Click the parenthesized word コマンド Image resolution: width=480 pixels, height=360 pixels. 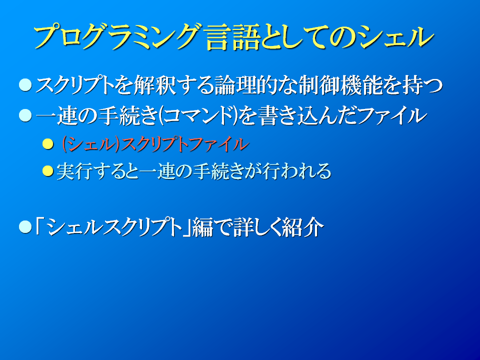[x=199, y=116]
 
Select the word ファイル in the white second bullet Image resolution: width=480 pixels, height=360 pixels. [x=392, y=116]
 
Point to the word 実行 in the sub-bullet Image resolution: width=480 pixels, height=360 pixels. [x=74, y=171]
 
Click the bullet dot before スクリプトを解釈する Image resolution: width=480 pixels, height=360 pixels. [x=25, y=85]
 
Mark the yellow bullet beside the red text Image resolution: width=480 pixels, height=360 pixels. [x=48, y=144]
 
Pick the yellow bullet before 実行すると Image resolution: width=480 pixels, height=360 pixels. [x=48, y=171]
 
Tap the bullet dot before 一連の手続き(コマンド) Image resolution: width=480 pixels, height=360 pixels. [x=25, y=116]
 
